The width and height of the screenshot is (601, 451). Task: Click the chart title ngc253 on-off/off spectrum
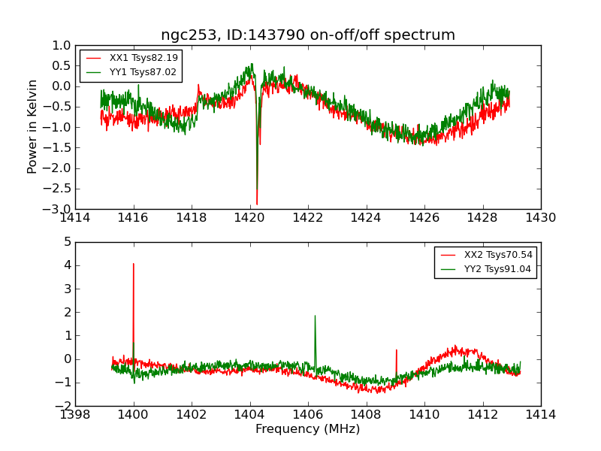308,35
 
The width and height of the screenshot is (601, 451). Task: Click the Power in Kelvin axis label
33,126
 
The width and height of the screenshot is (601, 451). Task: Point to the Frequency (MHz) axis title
308,429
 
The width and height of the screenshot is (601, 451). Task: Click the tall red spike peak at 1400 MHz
134,264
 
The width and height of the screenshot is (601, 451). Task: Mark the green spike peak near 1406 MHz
315,316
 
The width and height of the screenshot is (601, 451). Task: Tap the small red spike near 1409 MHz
396,350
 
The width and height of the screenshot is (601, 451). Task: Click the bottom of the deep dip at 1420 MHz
257,204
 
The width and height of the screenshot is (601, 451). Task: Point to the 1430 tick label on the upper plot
540,218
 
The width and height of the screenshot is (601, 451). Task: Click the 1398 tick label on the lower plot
75,415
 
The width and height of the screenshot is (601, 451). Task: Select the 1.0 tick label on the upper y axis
62,45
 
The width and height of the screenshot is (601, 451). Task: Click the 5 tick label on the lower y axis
68,242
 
